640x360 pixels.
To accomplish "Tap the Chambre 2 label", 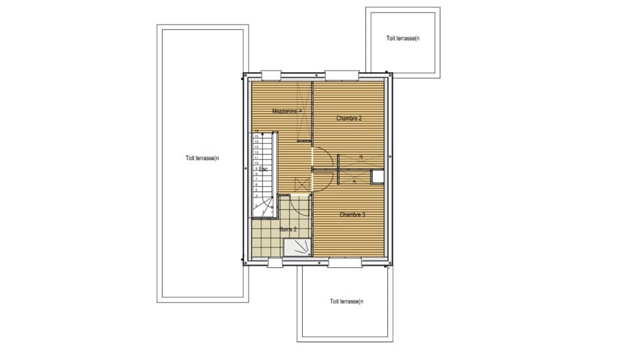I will pyautogui.click(x=349, y=119).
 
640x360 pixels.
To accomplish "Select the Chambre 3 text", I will pyautogui.click(x=352, y=215).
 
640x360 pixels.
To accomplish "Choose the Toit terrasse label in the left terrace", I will pyautogui.click(x=203, y=158).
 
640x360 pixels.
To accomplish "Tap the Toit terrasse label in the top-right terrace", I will pyautogui.click(x=403, y=38).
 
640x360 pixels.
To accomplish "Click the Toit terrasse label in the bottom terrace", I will pyautogui.click(x=346, y=301).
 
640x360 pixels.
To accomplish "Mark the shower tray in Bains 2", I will pyautogui.click(x=297, y=247).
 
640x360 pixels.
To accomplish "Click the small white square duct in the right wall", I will pyautogui.click(x=378, y=176).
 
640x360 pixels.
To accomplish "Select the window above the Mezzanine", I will pyautogui.click(x=271, y=75).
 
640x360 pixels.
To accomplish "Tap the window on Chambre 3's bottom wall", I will pyautogui.click(x=345, y=263).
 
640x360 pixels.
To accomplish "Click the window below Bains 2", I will pyautogui.click(x=275, y=263).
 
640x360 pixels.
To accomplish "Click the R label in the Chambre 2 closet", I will pyautogui.click(x=361, y=157).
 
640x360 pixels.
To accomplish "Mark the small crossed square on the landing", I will pyautogui.click(x=302, y=185).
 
